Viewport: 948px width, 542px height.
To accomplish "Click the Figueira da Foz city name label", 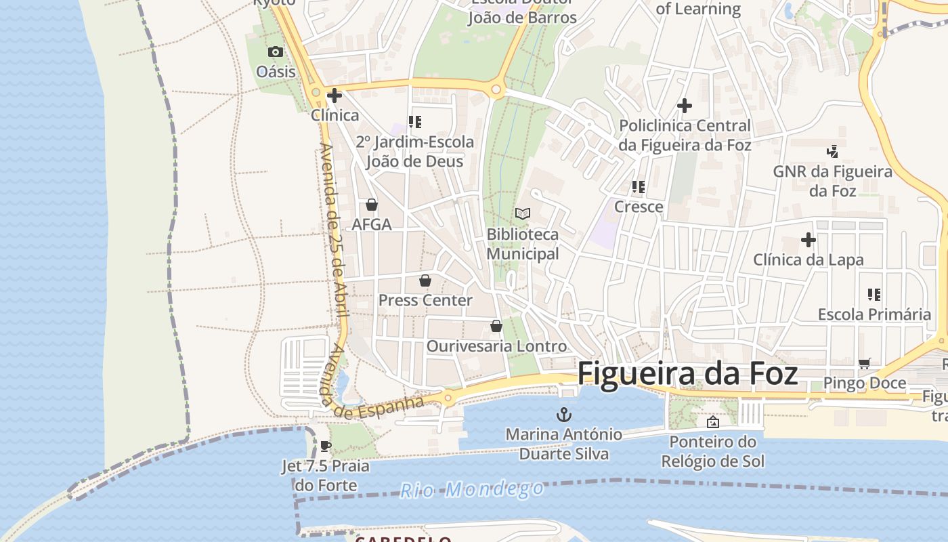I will (x=687, y=374).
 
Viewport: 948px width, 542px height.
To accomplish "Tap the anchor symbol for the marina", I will (x=563, y=414).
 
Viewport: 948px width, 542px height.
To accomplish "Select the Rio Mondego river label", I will (x=471, y=489).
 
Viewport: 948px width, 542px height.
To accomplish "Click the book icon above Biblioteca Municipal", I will (x=522, y=213).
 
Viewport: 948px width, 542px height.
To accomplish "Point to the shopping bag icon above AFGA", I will (x=371, y=204).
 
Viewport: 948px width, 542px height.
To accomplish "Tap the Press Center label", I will (x=425, y=300).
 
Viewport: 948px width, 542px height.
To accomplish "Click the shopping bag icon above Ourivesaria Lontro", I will (x=496, y=326).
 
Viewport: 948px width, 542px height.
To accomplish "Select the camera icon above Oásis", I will (x=275, y=51).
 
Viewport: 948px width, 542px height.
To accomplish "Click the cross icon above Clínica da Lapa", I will (x=808, y=240).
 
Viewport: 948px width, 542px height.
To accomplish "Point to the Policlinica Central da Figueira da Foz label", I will (x=685, y=135).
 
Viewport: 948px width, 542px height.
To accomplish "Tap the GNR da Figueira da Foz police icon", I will (x=832, y=151).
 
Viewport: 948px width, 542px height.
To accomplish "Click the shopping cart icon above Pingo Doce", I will (x=864, y=364).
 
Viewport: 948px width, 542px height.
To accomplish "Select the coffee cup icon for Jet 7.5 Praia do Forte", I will (x=325, y=446).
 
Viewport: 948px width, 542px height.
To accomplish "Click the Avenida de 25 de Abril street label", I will (x=333, y=230).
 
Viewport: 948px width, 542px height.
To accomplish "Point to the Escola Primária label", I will (x=874, y=314).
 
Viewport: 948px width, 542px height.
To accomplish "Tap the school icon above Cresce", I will (x=638, y=186).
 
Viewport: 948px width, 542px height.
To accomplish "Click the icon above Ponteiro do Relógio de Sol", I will (x=712, y=422).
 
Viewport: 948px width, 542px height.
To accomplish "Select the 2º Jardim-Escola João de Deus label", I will (x=414, y=152).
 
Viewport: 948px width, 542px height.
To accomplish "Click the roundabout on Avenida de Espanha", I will (x=448, y=398).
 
